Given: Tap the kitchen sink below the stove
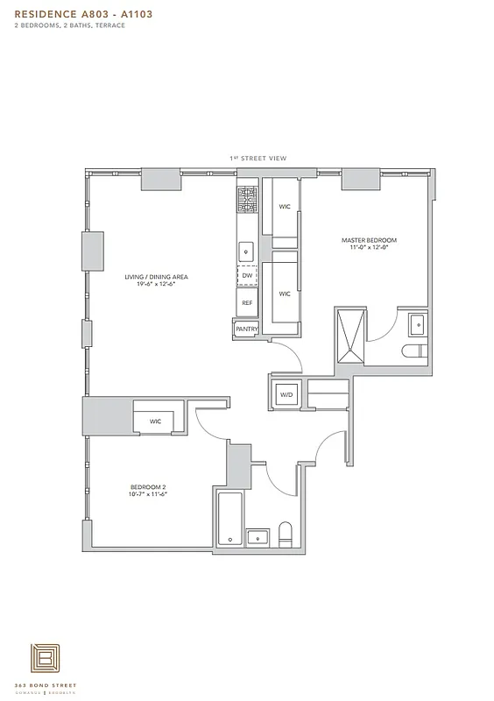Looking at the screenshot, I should click(247, 250).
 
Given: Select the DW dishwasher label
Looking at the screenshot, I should click(247, 276).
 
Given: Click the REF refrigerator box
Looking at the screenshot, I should click(247, 302).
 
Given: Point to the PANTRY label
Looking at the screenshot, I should click(246, 329).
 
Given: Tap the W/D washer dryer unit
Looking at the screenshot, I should click(286, 395).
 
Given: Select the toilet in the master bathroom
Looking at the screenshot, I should click(413, 351).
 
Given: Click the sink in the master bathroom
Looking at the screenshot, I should click(415, 325).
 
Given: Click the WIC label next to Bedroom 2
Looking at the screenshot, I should click(156, 421).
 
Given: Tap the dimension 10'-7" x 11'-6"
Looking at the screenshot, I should click(148, 494).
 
